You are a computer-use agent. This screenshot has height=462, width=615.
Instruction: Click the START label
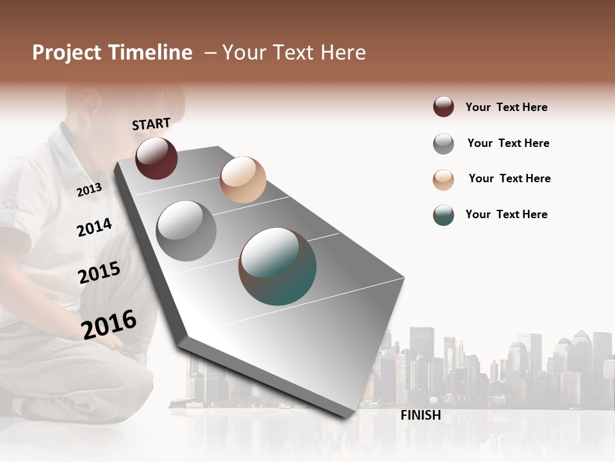click(x=151, y=124)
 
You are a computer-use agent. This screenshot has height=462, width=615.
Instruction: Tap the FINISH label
click(x=421, y=415)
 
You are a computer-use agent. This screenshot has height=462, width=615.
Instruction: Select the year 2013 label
click(x=89, y=189)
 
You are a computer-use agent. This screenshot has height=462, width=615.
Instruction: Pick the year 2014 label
click(x=94, y=227)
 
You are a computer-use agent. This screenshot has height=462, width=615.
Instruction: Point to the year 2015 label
click(x=99, y=273)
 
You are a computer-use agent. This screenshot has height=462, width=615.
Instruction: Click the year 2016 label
click(x=109, y=324)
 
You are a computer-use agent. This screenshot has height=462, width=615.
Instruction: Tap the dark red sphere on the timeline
click(x=156, y=158)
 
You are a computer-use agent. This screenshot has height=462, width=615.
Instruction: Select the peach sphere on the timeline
click(x=243, y=179)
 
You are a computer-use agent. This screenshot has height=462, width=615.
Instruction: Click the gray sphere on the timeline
click(x=186, y=230)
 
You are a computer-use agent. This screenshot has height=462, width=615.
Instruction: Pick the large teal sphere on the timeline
click(x=277, y=266)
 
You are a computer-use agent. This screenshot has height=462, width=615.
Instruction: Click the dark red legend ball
click(x=443, y=107)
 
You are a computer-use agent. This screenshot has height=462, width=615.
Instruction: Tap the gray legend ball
click(x=443, y=144)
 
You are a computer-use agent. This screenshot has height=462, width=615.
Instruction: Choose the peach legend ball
click(x=443, y=180)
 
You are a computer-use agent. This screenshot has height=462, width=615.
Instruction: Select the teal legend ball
click(x=443, y=215)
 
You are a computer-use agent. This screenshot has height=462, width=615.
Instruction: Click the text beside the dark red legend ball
click(x=506, y=107)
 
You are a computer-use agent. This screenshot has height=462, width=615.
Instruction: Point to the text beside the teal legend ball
click(x=506, y=214)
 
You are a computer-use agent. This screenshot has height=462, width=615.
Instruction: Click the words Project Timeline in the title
click(x=112, y=53)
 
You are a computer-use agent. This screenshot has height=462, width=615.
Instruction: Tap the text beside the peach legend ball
click(x=509, y=178)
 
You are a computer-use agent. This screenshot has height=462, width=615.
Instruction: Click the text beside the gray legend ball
click(x=508, y=143)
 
